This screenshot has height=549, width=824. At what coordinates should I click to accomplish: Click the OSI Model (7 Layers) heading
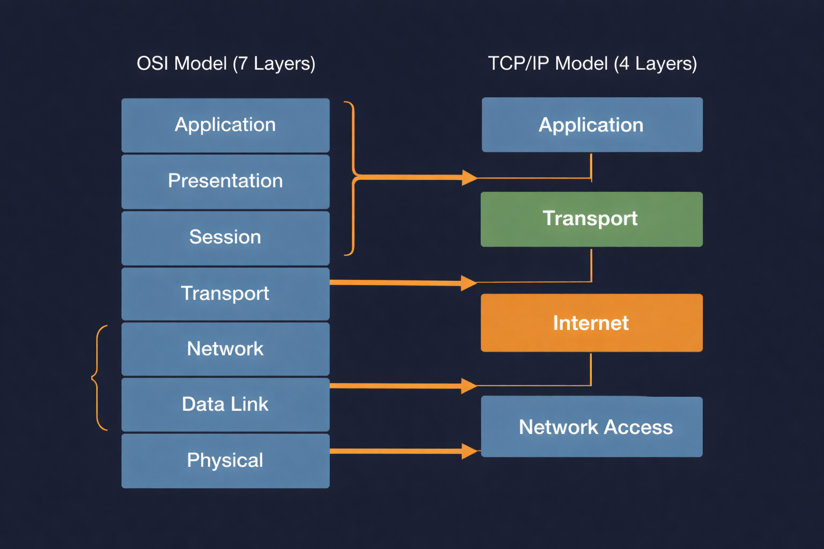point(226,64)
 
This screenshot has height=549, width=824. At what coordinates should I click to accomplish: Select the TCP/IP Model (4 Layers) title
point(592,64)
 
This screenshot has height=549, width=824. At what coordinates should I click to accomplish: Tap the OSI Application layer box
point(225,125)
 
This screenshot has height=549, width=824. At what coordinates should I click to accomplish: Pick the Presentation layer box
point(225,181)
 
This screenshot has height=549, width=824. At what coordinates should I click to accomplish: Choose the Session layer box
point(225,238)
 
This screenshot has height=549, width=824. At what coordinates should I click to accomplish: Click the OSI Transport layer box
point(225,294)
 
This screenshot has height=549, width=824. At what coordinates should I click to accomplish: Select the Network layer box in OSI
point(225,349)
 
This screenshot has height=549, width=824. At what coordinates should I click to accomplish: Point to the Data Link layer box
point(225,404)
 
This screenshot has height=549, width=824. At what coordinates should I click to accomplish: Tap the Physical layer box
point(225,461)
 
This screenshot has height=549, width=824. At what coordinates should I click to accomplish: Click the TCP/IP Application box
point(592,125)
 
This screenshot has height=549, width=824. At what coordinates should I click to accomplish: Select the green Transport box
point(591,219)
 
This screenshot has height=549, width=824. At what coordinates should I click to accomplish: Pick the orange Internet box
point(591,323)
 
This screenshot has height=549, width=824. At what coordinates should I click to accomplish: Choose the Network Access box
point(591,427)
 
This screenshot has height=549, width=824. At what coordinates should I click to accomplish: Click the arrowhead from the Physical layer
point(470,451)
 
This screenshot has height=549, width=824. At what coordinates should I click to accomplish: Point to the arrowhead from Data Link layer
point(469,385)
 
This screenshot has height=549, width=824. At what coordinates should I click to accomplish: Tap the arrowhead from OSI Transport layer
point(469,283)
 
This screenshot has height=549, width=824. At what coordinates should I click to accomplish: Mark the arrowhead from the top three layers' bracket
point(470,177)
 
